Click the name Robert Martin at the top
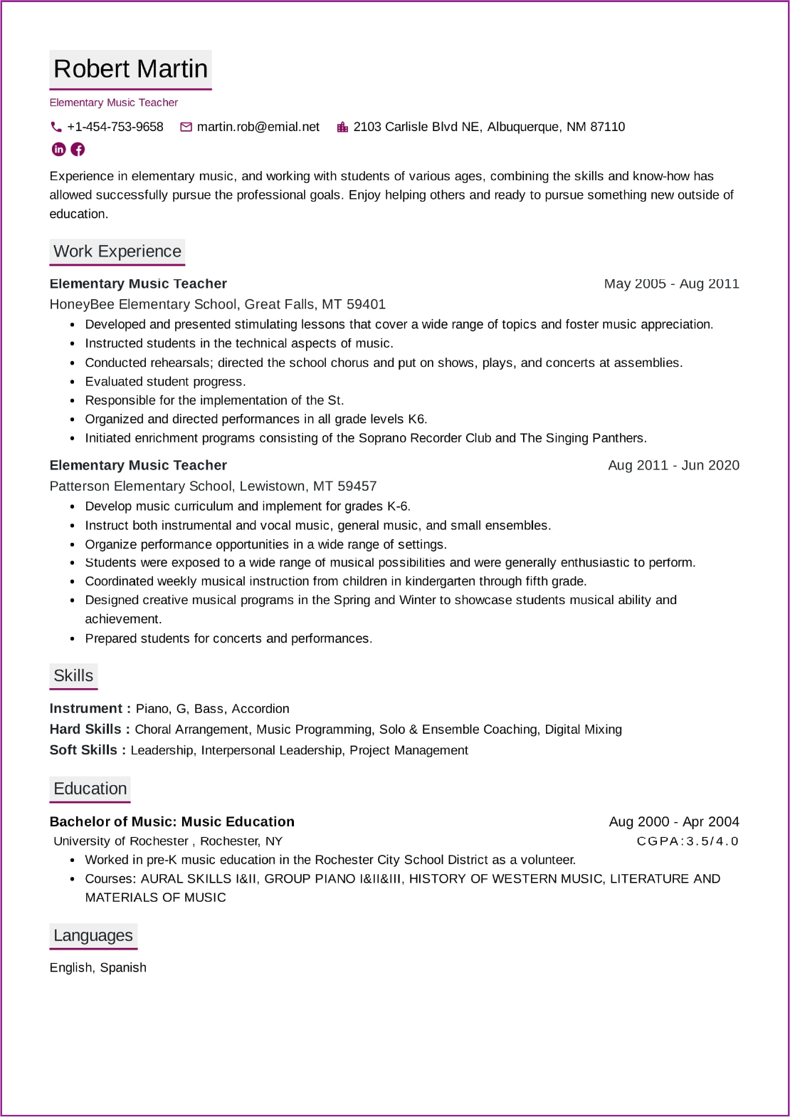coord(130,69)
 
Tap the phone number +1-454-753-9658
coord(115,127)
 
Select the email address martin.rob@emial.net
coord(258,127)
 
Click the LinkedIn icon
coord(59,149)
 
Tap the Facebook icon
coord(78,149)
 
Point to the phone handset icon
coord(56,127)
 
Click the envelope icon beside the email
coord(186,127)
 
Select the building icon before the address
coord(342,127)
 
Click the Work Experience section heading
coord(117,251)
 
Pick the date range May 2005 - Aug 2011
coord(671,284)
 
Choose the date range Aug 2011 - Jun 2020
coord(673,465)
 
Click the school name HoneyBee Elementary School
coord(142,304)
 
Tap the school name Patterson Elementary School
coord(140,486)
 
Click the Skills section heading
coord(73,675)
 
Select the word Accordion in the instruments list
coord(260,709)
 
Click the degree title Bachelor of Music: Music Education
coord(172,821)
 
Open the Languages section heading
coord(93,935)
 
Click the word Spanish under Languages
coord(123,967)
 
